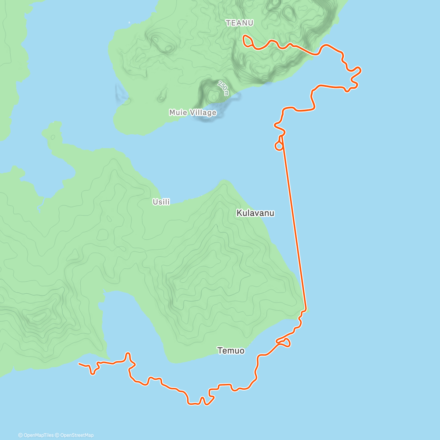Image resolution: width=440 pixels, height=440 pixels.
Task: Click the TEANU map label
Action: point(239,23)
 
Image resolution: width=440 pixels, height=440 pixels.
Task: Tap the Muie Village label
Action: point(192,113)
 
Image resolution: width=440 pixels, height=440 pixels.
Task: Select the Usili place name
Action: point(161,202)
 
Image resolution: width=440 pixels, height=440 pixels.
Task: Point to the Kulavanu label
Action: point(255,213)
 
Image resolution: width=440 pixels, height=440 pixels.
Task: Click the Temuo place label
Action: point(231,351)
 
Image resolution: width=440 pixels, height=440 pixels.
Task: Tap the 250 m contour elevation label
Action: point(223,88)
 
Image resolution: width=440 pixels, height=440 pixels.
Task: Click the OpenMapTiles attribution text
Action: point(36,435)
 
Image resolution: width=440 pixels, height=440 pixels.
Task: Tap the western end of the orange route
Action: point(79,364)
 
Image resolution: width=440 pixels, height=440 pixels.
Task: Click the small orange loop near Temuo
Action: point(285,342)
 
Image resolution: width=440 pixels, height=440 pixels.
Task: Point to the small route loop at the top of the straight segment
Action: point(279,146)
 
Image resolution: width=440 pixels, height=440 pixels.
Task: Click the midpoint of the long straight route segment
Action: point(293,222)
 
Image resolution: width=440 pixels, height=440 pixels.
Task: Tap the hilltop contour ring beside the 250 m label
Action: point(213,96)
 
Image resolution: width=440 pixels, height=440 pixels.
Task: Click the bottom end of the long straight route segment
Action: point(306,309)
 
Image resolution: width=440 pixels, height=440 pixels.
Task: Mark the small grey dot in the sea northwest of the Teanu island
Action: point(129,23)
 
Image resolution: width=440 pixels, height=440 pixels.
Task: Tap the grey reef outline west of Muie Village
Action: point(121,93)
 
